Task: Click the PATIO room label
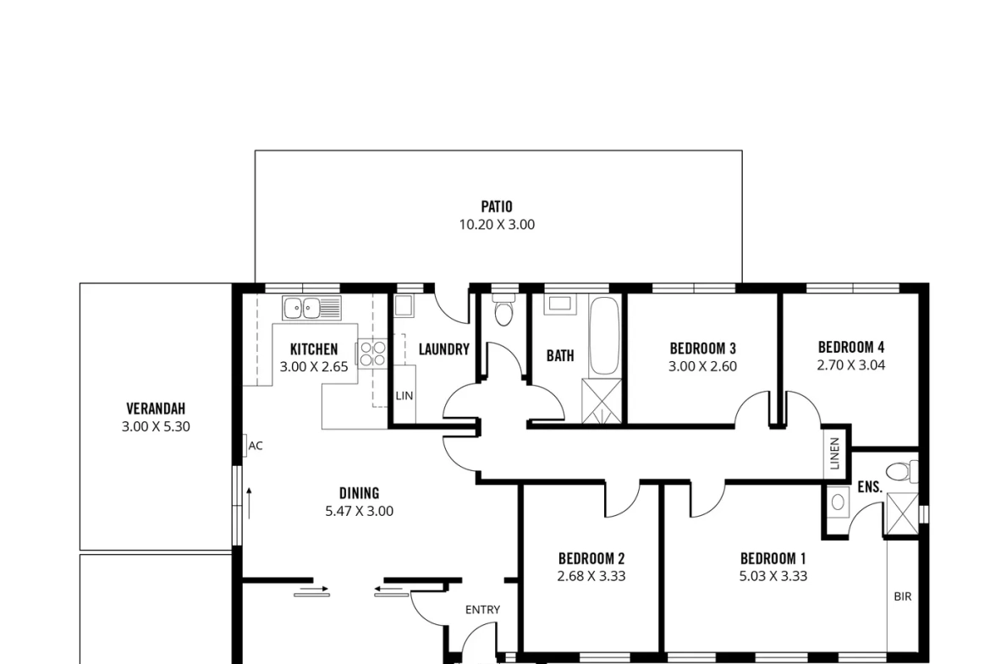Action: coord(497,206)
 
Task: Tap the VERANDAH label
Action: coord(156,409)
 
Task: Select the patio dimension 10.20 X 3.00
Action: coord(497,225)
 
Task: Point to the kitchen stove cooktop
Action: coord(373,354)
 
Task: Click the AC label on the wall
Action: coord(255,446)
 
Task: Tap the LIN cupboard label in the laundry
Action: coord(404,396)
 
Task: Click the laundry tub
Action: coord(404,306)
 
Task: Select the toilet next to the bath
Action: coord(503,310)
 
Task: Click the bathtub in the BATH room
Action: coord(603,336)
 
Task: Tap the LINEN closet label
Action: coord(834,453)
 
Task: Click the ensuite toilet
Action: coord(901,471)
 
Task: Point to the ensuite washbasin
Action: coord(838,502)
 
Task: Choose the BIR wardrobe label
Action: coord(903,596)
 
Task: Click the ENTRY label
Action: coord(482,610)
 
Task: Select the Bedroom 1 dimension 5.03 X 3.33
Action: coord(773,576)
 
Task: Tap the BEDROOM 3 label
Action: coord(702,348)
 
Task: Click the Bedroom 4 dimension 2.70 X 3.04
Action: coord(851,365)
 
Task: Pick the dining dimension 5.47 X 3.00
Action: coord(360,511)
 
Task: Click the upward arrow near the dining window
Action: coord(250,503)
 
